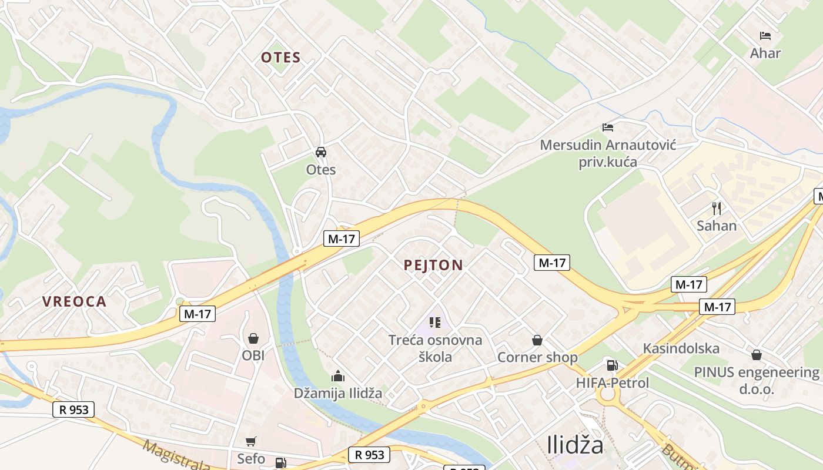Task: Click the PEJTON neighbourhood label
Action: click(x=433, y=265)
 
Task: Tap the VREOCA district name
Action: click(x=74, y=301)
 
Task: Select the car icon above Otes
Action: click(x=321, y=152)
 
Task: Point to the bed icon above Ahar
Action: click(x=765, y=36)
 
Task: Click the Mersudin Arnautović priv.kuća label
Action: click(x=608, y=153)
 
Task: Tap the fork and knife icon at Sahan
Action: click(x=716, y=208)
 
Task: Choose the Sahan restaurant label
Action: click(x=716, y=226)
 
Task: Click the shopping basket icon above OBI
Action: click(x=253, y=338)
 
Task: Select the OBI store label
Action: click(x=253, y=355)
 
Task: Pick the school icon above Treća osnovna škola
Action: click(x=435, y=322)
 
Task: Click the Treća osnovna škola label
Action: click(x=435, y=348)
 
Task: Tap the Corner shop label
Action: click(x=537, y=357)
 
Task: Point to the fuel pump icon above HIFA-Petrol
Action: click(x=612, y=365)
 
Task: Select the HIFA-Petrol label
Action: click(x=613, y=383)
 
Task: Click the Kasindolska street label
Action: click(x=681, y=348)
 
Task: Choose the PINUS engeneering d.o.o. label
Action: click(x=756, y=380)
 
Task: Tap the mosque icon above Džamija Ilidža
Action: click(x=338, y=376)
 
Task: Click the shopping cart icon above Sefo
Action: click(x=251, y=441)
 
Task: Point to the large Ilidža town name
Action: click(x=575, y=445)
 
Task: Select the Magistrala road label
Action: click(x=176, y=455)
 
